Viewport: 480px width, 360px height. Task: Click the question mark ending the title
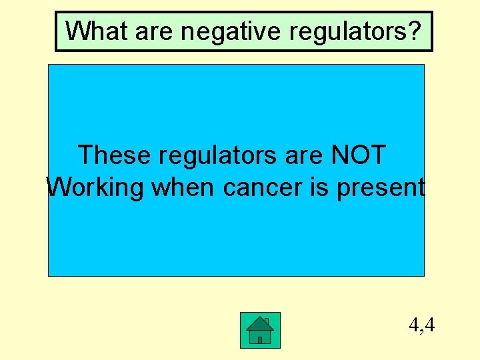pyautogui.click(x=416, y=31)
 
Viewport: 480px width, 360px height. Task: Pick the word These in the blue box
pyautogui.click(x=115, y=155)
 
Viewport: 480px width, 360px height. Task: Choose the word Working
pyautogui.click(x=95, y=189)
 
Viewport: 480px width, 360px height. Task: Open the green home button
pyautogui.click(x=260, y=330)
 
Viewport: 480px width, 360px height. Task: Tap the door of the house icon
pyautogui.click(x=260, y=339)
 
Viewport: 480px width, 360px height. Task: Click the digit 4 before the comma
pyautogui.click(x=414, y=325)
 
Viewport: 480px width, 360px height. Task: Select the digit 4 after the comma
pyautogui.click(x=430, y=325)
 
